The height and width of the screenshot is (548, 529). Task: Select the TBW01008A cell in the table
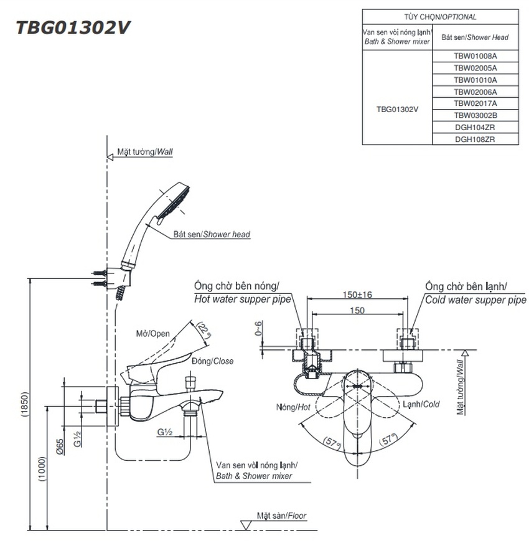[x=475, y=55]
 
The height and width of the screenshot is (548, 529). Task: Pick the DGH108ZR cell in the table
[x=475, y=139]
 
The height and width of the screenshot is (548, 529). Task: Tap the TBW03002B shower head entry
[x=475, y=115]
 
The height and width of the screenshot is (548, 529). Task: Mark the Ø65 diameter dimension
[x=59, y=446]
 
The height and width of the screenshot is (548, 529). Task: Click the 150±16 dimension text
[x=357, y=295]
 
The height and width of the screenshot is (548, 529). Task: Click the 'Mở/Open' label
[x=153, y=333]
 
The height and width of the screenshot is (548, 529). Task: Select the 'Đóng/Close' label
[x=213, y=361]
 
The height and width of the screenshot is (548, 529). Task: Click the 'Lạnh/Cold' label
[x=420, y=404]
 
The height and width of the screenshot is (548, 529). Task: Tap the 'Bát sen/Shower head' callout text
[x=212, y=235]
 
